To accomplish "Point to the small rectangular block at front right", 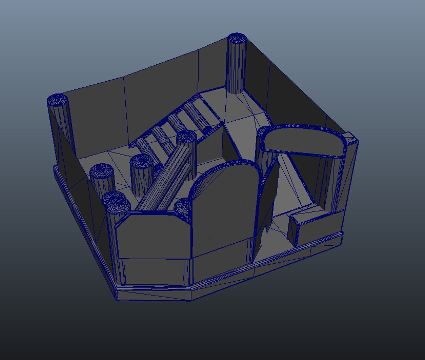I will point(307,227).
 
